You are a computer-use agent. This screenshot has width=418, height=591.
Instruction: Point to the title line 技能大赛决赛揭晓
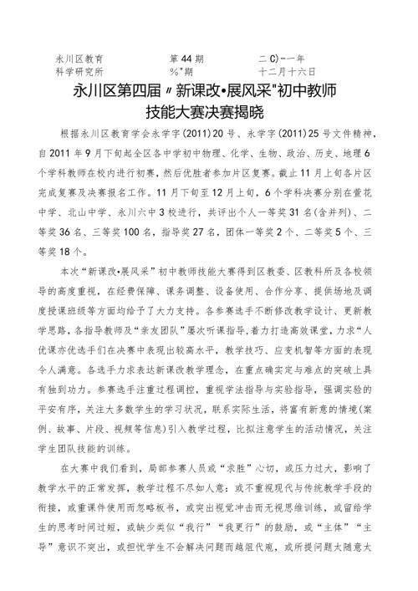(209, 110)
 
